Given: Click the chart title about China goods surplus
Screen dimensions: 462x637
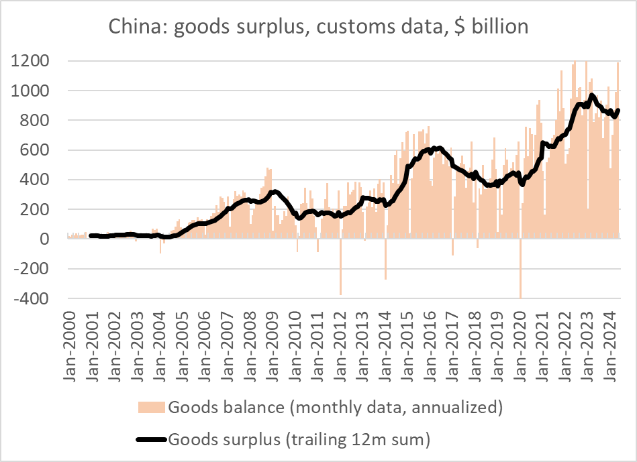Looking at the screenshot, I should [319, 27].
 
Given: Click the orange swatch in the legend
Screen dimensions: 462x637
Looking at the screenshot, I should [152, 408].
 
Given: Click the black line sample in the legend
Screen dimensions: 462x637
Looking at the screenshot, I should [152, 439].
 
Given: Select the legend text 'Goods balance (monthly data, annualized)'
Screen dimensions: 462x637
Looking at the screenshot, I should [335, 408].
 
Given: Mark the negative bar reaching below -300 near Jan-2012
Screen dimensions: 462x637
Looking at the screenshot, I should [340, 268].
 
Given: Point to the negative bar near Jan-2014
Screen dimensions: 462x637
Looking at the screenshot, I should [385, 262].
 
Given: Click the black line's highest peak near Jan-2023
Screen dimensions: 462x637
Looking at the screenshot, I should [592, 96].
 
